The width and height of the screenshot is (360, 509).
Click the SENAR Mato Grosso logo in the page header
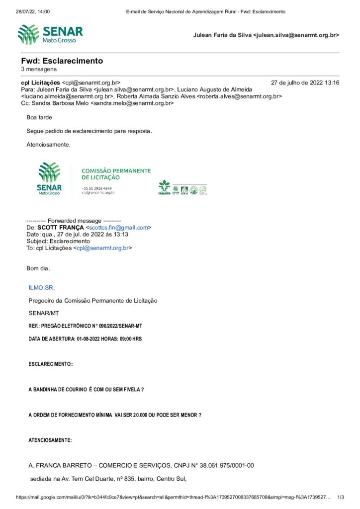click(x=50, y=35)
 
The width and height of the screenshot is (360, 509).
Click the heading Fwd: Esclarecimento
click(x=62, y=61)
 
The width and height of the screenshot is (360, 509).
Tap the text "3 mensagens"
click(x=39, y=69)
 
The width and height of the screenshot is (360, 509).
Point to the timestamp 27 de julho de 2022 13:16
click(x=305, y=83)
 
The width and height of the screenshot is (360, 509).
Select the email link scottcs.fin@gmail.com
click(x=118, y=227)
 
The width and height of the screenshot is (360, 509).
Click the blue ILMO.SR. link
click(x=42, y=287)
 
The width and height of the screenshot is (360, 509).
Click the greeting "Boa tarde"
click(x=39, y=118)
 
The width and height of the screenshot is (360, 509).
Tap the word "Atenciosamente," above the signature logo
click(x=48, y=145)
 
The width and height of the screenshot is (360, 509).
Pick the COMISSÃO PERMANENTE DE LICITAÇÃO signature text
click(x=116, y=173)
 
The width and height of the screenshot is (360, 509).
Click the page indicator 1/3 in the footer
click(x=341, y=497)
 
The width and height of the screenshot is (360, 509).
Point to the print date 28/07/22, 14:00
click(x=33, y=11)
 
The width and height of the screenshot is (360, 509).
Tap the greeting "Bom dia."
click(x=38, y=268)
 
